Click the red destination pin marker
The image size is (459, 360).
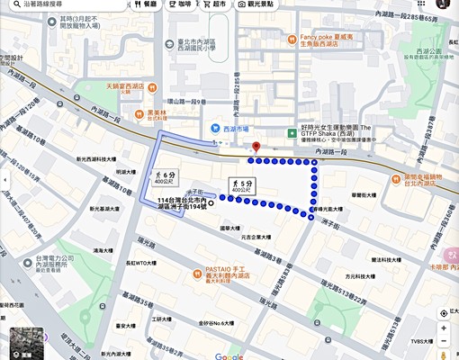(x=256, y=146)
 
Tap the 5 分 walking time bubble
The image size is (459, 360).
(x=240, y=186)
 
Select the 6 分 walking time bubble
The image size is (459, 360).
(x=165, y=176)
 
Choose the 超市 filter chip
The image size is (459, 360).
(x=214, y=4)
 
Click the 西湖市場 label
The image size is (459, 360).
(x=233, y=129)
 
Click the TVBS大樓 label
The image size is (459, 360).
(x=423, y=341)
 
